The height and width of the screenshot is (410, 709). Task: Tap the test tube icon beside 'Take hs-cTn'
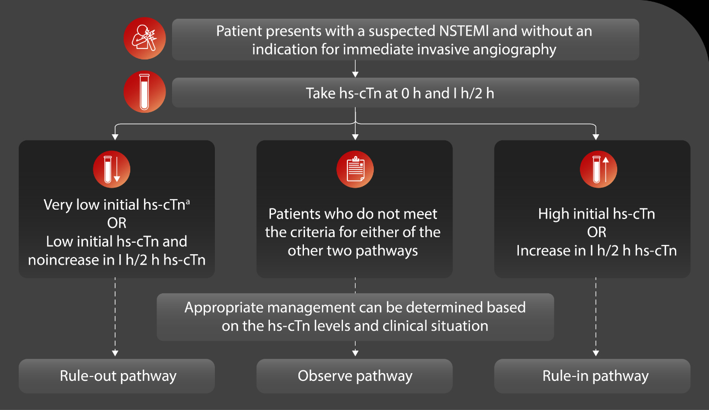coord(143,92)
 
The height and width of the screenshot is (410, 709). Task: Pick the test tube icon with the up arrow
coord(598,169)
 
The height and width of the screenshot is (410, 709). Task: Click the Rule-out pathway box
coord(117,376)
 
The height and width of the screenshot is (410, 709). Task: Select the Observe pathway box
coord(354,376)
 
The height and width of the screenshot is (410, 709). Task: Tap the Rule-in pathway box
coord(592,376)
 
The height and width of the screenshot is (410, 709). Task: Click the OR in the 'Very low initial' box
coord(117,223)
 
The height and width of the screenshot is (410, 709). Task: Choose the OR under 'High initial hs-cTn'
coord(596,232)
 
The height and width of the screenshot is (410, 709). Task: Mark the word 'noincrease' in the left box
coord(62,260)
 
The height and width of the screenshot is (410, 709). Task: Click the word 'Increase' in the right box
coord(541,251)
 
